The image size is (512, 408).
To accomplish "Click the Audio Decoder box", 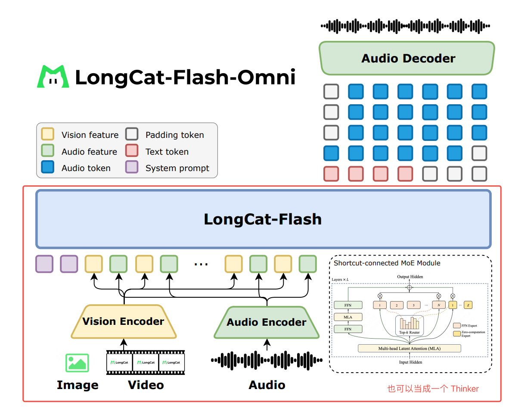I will click(407, 58).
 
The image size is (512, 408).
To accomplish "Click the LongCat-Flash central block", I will click(263, 219).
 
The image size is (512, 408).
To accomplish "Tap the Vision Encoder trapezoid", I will click(124, 321).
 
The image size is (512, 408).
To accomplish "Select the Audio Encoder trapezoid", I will click(267, 322).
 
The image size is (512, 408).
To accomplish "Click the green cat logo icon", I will click(53, 77).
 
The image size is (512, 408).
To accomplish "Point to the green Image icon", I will click(77, 363).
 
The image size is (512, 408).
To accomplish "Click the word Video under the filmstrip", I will click(146, 385).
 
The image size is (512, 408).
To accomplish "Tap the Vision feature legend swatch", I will click(47, 134).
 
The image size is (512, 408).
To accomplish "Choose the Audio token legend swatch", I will click(47, 168).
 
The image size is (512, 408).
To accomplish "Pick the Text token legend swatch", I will click(132, 151).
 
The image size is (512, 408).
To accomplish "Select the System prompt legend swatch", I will click(132, 168).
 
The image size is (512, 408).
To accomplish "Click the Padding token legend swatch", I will click(132, 134).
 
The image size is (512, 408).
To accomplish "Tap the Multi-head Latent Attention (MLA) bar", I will click(410, 348).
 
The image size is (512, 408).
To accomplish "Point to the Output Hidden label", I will click(410, 277).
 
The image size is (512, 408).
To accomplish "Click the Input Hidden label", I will click(410, 362).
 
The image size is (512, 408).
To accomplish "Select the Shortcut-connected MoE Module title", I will click(387, 263).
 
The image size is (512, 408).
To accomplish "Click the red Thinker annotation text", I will click(433, 389).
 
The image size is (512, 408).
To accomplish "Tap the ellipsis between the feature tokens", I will click(201, 264).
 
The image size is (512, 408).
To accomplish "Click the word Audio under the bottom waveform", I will click(267, 385).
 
